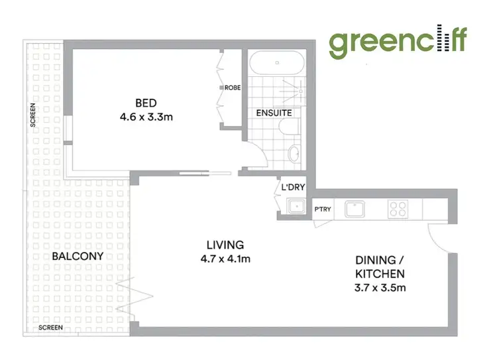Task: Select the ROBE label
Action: [x=232, y=88]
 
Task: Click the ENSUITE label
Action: [x=274, y=113]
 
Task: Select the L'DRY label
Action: [x=293, y=188]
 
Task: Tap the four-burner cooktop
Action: [x=398, y=209]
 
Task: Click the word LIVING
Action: [x=225, y=245]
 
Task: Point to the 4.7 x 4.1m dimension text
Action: [x=225, y=259]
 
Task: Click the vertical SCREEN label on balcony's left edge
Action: [x=32, y=114]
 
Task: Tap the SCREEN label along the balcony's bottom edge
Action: [x=50, y=328]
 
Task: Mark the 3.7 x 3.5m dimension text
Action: [x=378, y=288]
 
